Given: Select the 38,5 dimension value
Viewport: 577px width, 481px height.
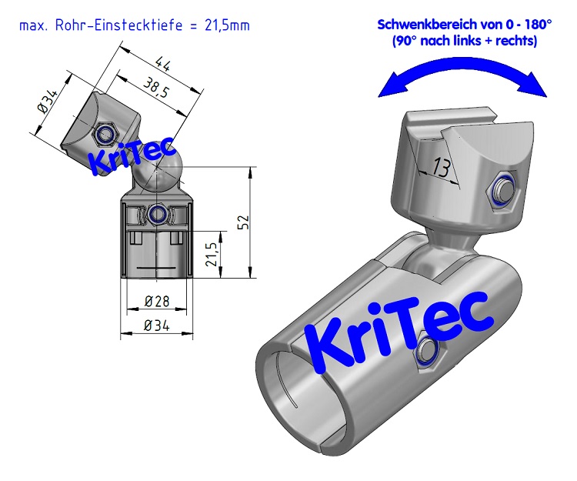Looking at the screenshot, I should tap(156, 89).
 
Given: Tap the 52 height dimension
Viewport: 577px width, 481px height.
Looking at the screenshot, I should tap(243, 223).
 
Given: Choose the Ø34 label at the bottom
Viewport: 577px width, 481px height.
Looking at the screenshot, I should tap(157, 326).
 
